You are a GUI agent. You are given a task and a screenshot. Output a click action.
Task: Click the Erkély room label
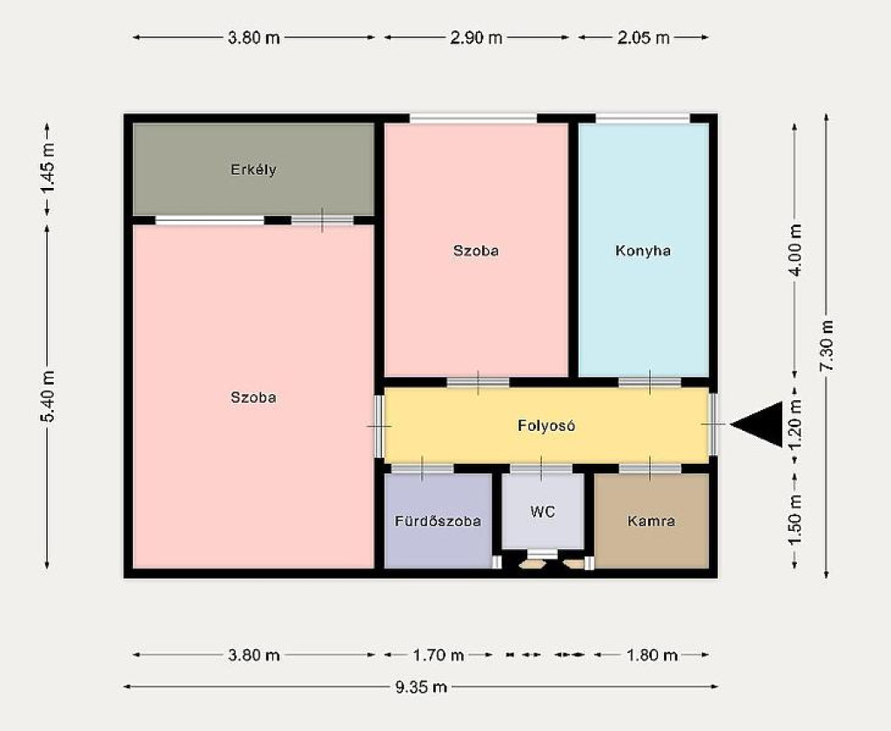[x=253, y=170]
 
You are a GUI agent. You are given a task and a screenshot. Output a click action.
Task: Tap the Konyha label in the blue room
[x=643, y=250]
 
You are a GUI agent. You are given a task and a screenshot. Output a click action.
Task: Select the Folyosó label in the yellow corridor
[x=546, y=426]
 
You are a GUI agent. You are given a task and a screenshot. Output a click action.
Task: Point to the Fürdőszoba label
[x=438, y=520]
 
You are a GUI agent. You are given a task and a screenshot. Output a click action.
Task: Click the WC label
[x=543, y=512]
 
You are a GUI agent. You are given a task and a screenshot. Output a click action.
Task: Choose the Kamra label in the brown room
[x=651, y=520]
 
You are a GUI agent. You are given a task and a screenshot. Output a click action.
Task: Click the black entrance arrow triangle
[x=757, y=424]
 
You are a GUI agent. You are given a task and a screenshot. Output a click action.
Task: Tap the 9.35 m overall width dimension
[x=421, y=687]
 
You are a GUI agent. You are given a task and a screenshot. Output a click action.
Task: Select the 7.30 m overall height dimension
[x=827, y=346]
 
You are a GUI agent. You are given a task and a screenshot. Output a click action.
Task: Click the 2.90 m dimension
[x=476, y=37]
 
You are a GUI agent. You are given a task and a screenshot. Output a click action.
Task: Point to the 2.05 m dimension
[x=643, y=37]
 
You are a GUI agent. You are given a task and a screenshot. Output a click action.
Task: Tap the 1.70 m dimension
[x=439, y=654]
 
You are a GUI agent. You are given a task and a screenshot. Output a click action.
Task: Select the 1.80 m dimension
[x=652, y=654]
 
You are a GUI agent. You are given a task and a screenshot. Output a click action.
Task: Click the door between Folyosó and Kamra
[x=650, y=468]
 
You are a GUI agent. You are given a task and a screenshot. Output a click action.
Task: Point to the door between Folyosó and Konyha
[x=650, y=382]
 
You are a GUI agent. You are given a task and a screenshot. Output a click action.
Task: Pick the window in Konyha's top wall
[x=643, y=118]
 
